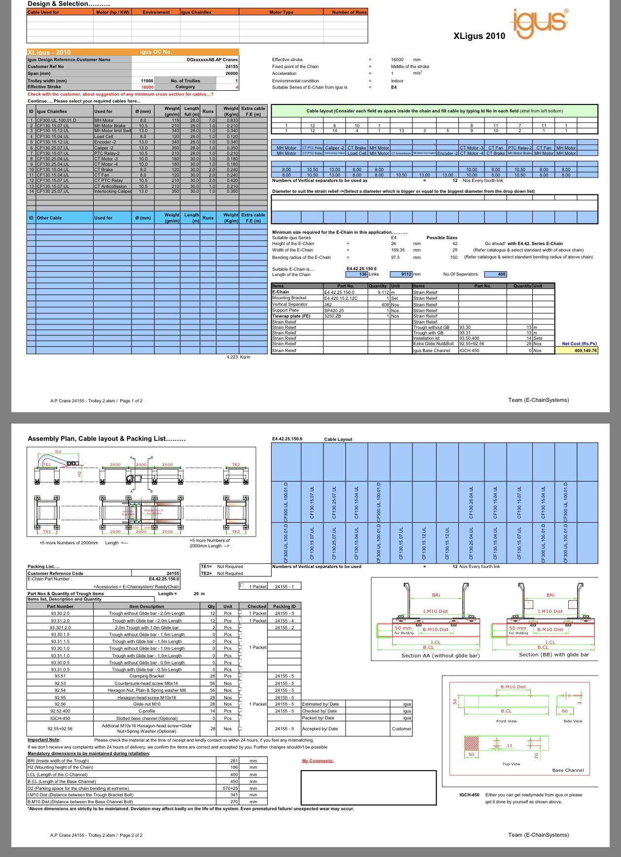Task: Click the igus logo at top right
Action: (x=540, y=23)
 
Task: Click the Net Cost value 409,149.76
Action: (x=585, y=351)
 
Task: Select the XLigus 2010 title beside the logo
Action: (x=479, y=36)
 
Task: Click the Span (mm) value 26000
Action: (x=231, y=73)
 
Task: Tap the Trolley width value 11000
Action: (x=147, y=81)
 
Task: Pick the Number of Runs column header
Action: (x=349, y=12)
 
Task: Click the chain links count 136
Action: (x=363, y=274)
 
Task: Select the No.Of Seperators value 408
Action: (x=501, y=274)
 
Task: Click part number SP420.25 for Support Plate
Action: (x=334, y=311)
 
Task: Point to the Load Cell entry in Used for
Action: (x=103, y=137)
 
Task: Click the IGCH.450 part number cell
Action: (x=469, y=351)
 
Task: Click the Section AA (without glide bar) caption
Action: (x=440, y=655)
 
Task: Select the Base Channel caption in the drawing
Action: (x=568, y=770)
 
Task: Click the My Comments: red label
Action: (x=317, y=761)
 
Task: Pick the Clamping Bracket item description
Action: (x=147, y=676)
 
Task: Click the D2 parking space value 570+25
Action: (x=230, y=788)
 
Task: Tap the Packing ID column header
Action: (x=284, y=607)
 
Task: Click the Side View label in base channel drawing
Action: (x=573, y=721)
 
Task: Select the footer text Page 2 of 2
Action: (x=131, y=835)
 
